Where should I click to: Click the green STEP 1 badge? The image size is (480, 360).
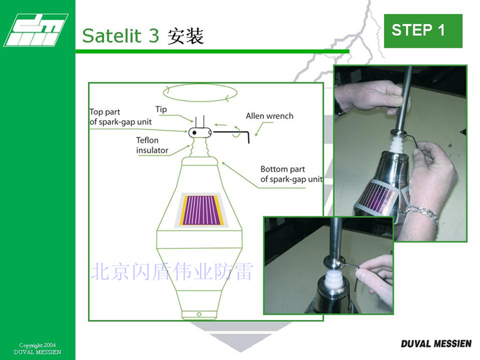click(x=423, y=31)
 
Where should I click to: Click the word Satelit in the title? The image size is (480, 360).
click(x=112, y=36)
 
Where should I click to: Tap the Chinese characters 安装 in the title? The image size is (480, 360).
click(x=185, y=36)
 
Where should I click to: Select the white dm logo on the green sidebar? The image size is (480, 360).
click(x=36, y=30)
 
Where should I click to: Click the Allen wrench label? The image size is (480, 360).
click(x=270, y=116)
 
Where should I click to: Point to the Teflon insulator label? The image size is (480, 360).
click(x=152, y=145)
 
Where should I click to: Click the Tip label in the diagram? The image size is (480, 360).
click(x=161, y=110)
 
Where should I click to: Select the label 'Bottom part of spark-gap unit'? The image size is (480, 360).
click(x=291, y=174)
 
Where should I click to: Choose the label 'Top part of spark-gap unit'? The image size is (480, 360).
click(x=120, y=117)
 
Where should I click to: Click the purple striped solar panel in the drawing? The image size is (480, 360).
click(x=201, y=210)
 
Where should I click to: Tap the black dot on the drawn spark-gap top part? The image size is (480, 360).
click(x=194, y=133)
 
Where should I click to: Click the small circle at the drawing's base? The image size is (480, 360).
click(x=199, y=314)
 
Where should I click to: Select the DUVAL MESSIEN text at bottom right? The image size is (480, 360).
click(x=436, y=344)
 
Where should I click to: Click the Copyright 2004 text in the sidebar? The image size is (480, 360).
click(x=38, y=345)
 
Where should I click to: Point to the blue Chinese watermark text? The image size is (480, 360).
click(x=172, y=271)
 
